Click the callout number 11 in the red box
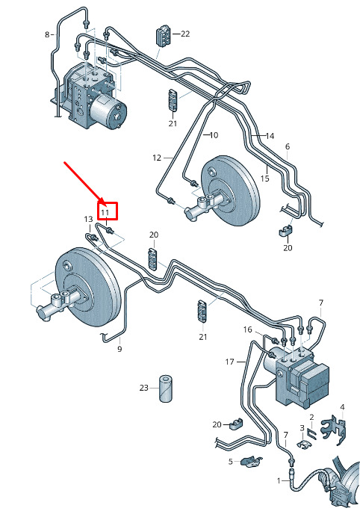coord(105,212)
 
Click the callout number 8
coord(47,34)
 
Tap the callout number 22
coord(185,34)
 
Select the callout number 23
coord(144,388)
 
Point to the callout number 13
coord(89,219)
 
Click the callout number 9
coord(120,349)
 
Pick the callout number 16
coord(248,329)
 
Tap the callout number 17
coord(230,362)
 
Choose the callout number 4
coord(342,407)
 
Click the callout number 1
coord(279,480)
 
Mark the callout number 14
coord(270,136)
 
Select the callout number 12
coord(157,158)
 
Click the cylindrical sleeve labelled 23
coord(165,389)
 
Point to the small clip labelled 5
coord(250,461)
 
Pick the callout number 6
coord(288,146)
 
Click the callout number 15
coord(265,179)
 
